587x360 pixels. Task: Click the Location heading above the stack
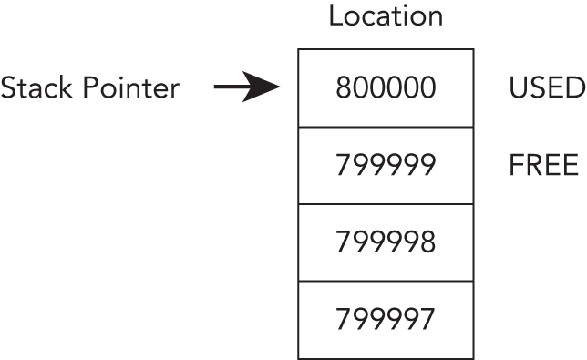point(386,17)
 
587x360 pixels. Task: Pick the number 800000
point(386,88)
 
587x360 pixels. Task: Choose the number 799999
point(386,166)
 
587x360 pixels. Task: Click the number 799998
point(386,242)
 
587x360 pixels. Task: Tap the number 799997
point(386,320)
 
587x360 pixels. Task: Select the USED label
point(545,88)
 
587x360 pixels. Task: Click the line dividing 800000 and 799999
point(386,127)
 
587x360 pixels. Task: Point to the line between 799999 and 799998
point(386,204)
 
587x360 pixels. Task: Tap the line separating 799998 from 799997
point(386,281)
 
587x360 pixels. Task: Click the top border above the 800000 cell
point(386,49)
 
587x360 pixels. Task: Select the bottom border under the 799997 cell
point(386,358)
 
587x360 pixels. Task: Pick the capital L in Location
point(335,17)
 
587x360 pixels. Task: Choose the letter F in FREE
point(516,166)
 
